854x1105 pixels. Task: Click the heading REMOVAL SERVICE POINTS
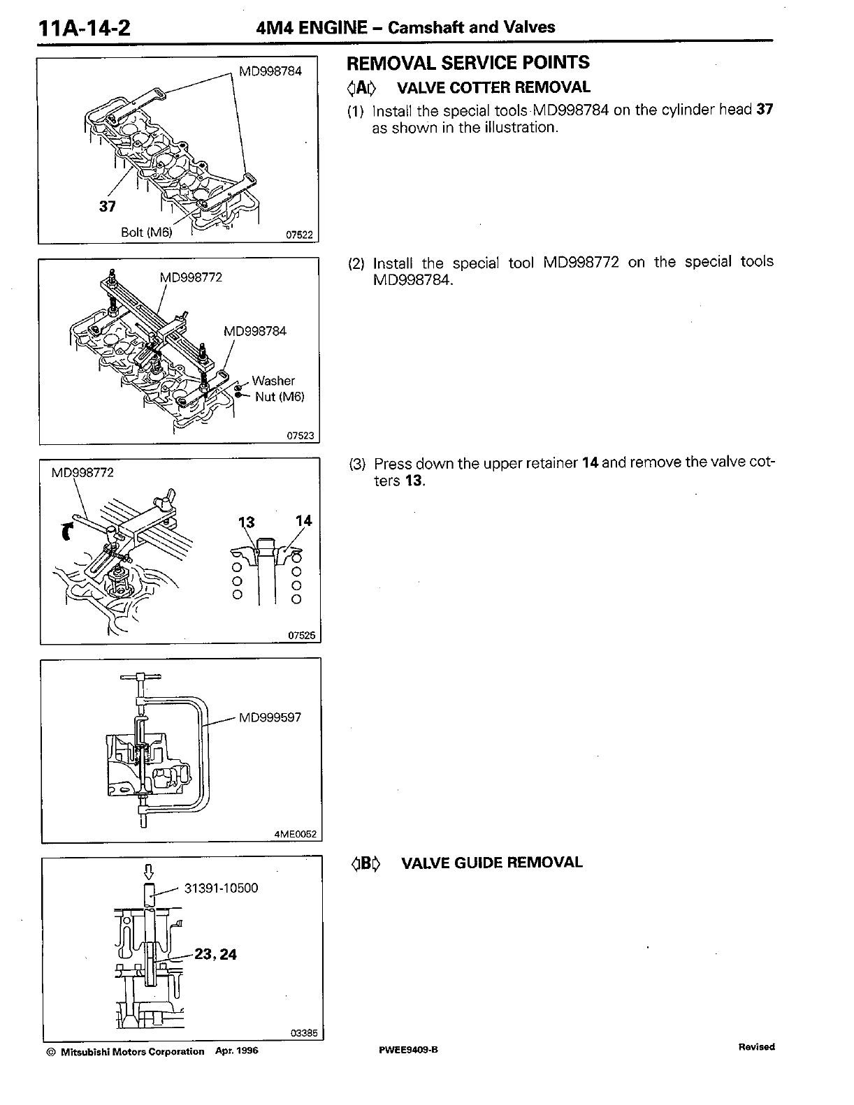pyautogui.click(x=468, y=63)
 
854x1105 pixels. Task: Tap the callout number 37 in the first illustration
pyautogui.click(x=106, y=206)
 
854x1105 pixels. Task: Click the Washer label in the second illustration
pyautogui.click(x=273, y=381)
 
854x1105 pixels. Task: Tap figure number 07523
pyautogui.click(x=301, y=436)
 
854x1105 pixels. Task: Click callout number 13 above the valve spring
pyautogui.click(x=247, y=522)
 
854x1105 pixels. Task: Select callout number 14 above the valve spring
pyautogui.click(x=303, y=521)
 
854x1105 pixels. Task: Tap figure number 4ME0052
pyautogui.click(x=296, y=834)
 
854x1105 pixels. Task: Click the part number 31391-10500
pyautogui.click(x=221, y=888)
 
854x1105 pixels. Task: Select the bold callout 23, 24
pyautogui.click(x=215, y=954)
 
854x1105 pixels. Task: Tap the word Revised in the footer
pyautogui.click(x=756, y=1047)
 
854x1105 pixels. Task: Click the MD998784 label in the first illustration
pyautogui.click(x=270, y=71)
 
